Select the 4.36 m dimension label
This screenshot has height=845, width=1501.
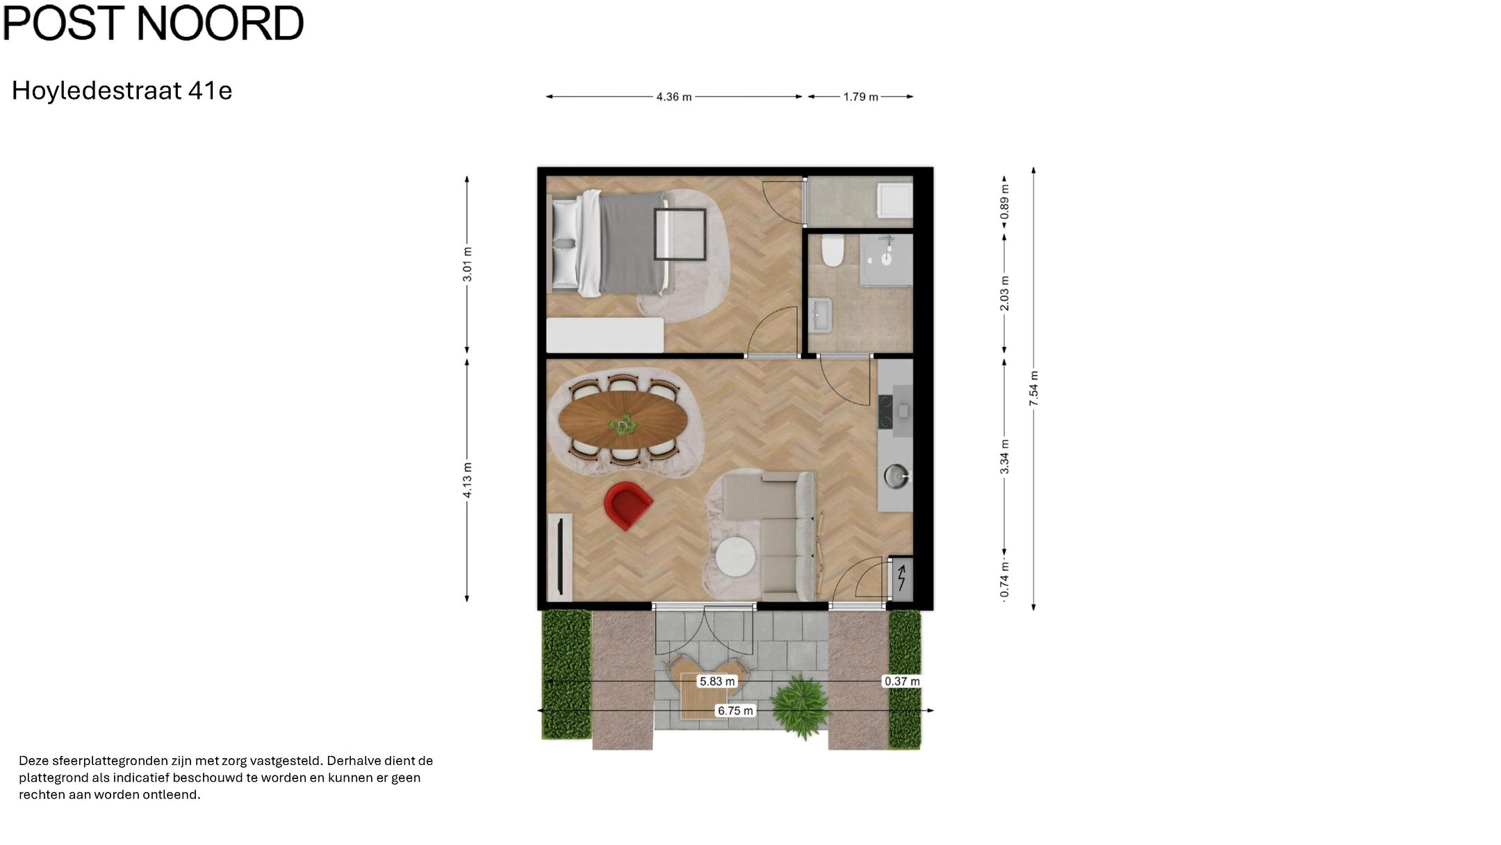click(673, 97)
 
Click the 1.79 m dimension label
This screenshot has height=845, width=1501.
click(860, 97)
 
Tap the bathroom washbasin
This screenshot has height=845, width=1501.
click(821, 315)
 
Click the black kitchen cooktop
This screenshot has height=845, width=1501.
click(885, 411)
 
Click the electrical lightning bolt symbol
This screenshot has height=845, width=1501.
click(901, 578)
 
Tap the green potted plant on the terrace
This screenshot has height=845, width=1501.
click(803, 704)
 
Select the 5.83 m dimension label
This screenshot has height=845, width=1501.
click(716, 682)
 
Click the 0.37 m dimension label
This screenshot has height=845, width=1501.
click(901, 682)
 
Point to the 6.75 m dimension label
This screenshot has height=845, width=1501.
click(735, 711)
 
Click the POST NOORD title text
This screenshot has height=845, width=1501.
click(154, 23)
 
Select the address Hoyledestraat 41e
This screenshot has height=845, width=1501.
click(122, 90)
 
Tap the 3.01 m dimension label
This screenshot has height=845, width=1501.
click(468, 264)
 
